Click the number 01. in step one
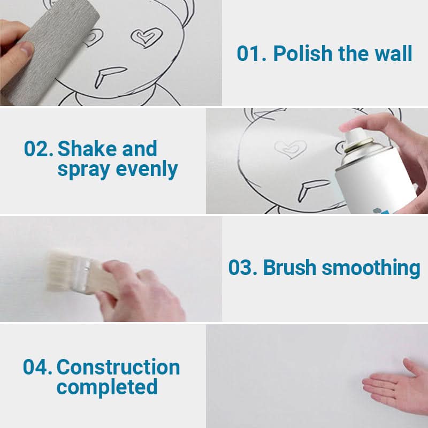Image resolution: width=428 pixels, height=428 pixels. [x=251, y=53]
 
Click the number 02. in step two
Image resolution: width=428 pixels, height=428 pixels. [x=39, y=149]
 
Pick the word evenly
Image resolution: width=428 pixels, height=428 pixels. [x=147, y=169]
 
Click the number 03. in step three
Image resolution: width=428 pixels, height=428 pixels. [x=243, y=267]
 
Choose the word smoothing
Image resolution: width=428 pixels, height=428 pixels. [x=371, y=269]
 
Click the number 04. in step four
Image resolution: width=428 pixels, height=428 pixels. [x=37, y=367]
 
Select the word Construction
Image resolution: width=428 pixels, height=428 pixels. [x=118, y=367]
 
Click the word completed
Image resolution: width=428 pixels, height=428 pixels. [x=107, y=387]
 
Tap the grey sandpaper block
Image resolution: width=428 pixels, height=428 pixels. [x=49, y=52]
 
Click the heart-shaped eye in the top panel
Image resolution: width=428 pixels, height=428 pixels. [x=147, y=37]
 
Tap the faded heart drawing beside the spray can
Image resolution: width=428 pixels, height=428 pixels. [x=291, y=149]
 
